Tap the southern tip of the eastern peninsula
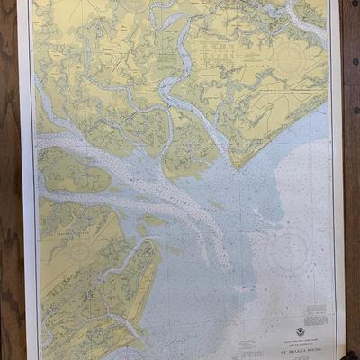click(x=235, y=165)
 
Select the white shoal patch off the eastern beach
click(x=310, y=162)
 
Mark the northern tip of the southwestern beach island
click(x=155, y=241)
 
